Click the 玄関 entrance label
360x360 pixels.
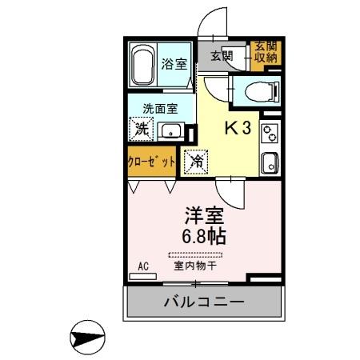222,56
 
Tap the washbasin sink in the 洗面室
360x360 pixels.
170,130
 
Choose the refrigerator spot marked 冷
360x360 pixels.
195,160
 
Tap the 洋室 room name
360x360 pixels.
204,214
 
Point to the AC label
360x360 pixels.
144,266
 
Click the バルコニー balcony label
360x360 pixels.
204,302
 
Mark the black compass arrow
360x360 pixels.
87,337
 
